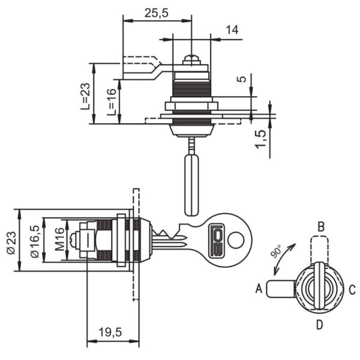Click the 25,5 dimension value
[x=156, y=13]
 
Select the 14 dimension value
[x=232, y=30]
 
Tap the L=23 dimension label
[x=85, y=96]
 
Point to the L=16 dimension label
[x=112, y=102]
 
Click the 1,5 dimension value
[x=261, y=139]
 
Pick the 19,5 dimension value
[x=110, y=332]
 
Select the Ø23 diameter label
[x=11, y=242]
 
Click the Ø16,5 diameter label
[x=35, y=241]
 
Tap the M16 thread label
[x=59, y=239]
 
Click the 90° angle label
[x=276, y=251]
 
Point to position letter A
[x=259, y=289]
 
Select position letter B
[x=321, y=227]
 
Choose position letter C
[x=352, y=290]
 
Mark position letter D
[x=320, y=325]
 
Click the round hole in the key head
[x=236, y=240]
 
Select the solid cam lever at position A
[x=281, y=289]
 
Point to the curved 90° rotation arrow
[x=284, y=259]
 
